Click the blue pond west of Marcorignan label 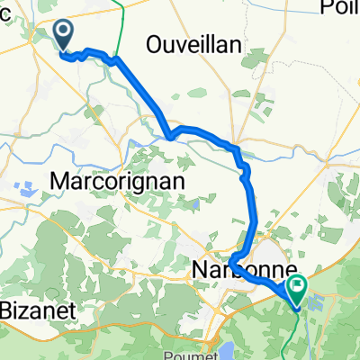[23, 190]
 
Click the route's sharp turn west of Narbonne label [232, 262]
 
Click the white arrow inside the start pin [65, 33]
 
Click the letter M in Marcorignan [58, 180]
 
